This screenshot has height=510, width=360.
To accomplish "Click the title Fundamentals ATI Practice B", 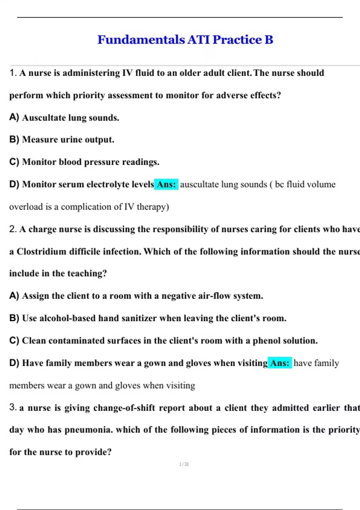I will [185, 40].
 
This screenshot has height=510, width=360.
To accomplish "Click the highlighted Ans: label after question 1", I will [166, 184].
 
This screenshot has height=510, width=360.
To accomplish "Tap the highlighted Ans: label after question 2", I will [280, 363].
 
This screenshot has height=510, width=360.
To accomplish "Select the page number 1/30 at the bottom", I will [184, 464].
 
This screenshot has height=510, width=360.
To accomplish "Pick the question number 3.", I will [13, 407].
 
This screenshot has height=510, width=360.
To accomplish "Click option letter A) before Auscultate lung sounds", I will [14, 117].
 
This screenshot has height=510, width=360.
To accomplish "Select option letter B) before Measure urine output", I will [14, 139].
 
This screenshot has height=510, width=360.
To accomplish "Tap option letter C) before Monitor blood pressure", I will [14, 162].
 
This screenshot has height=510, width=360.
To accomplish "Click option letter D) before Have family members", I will [14, 363].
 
